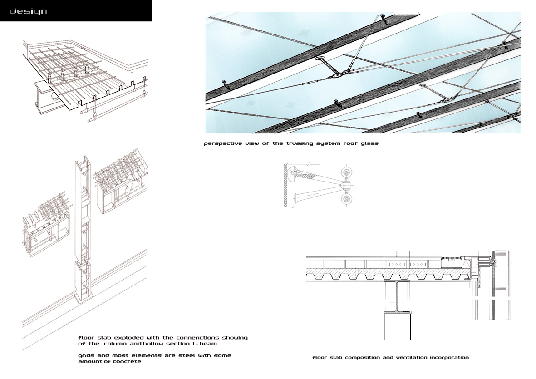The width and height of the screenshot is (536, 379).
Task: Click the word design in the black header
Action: pyautogui.click(x=28, y=11)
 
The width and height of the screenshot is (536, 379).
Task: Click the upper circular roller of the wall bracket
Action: pyautogui.click(x=348, y=172)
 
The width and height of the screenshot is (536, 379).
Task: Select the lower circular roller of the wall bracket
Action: pyautogui.click(x=348, y=198)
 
